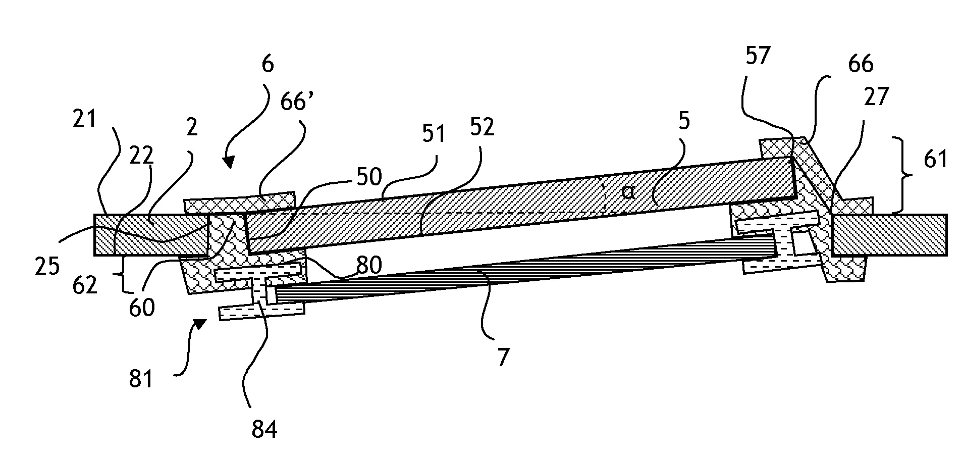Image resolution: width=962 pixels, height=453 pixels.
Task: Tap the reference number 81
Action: click(140, 378)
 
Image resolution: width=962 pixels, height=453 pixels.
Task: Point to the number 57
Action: click(758, 55)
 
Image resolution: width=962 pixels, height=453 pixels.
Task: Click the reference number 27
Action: click(876, 96)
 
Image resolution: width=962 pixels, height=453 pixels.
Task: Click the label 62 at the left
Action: click(84, 285)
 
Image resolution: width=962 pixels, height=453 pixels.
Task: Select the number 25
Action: click(48, 267)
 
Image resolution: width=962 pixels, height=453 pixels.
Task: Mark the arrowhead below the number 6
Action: click(229, 162)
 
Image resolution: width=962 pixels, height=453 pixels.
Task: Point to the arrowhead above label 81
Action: click(200, 323)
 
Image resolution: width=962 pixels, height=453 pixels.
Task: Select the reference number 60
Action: click(141, 307)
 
